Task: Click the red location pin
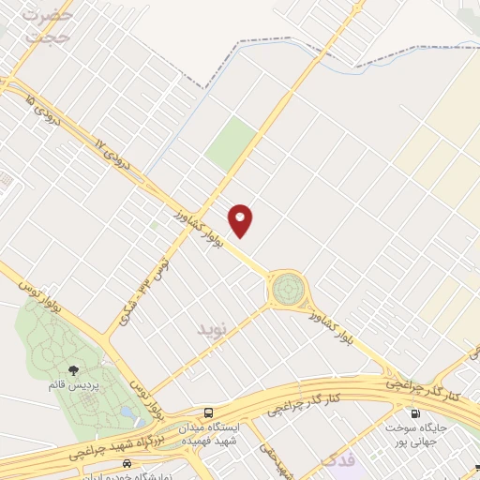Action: coord(242,220)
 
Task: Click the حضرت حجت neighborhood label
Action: coord(46,25)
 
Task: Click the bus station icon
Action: coord(208,412)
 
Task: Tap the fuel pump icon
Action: coord(413,413)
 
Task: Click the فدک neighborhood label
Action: coord(338,460)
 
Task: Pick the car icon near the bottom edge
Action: coord(127,464)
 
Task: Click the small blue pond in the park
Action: coord(126,412)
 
